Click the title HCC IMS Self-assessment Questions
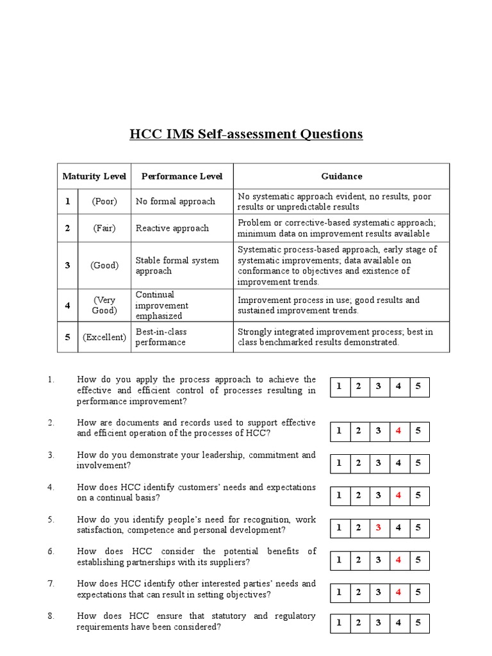pos(246,134)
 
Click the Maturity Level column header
pos(94,176)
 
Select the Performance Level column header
pos(182,176)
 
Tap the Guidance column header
pos(341,176)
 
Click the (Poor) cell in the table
pos(104,202)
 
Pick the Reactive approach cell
pos(172,228)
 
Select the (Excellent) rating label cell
pos(104,337)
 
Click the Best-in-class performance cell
pos(161,337)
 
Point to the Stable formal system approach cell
pos(177,265)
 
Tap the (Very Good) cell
pos(104,305)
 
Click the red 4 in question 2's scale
pos(398,431)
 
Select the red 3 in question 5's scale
pos(379,528)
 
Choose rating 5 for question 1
pos(418,386)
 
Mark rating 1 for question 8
pos(339,622)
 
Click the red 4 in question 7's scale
pos(398,593)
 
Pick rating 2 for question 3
pos(359,463)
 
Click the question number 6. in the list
pos(51,551)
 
